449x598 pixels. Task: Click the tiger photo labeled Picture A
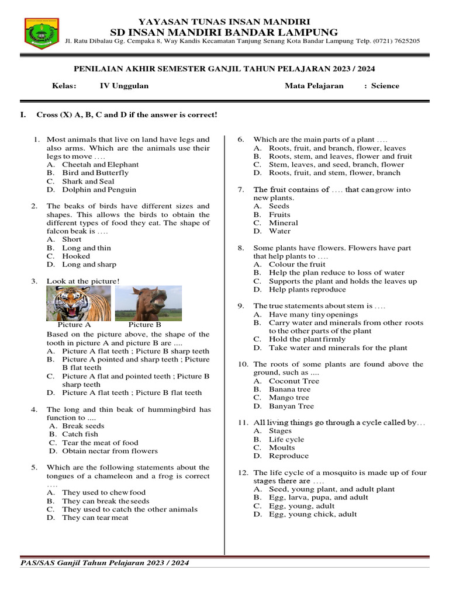click(x=78, y=303)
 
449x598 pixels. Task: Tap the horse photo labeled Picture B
click(x=148, y=303)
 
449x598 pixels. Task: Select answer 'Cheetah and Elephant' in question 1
click(x=92, y=165)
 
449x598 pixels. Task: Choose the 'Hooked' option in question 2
click(x=76, y=256)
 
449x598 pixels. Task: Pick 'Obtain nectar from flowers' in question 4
click(x=110, y=451)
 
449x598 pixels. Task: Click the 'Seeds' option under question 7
click(x=279, y=206)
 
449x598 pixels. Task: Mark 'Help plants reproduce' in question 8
click(x=307, y=289)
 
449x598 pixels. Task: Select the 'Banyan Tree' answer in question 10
click(x=291, y=406)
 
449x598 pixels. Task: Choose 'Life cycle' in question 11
click(x=286, y=439)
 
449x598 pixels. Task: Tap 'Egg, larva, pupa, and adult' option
click(x=318, y=498)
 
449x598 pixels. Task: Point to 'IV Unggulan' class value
click(x=124, y=86)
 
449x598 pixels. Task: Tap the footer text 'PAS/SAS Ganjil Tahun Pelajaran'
click(x=104, y=563)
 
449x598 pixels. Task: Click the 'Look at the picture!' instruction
click(x=83, y=281)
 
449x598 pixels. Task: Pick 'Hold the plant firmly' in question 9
click(x=307, y=339)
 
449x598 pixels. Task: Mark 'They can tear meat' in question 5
click(x=95, y=517)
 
